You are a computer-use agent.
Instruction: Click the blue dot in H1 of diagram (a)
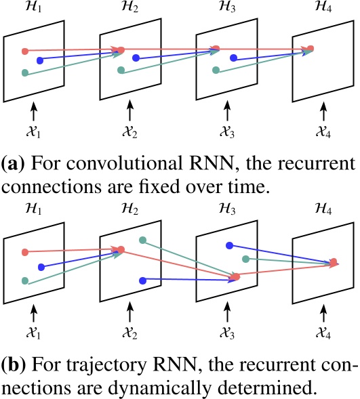[40, 61]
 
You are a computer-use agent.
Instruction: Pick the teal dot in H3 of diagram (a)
[216, 70]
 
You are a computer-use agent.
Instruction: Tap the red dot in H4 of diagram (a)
[311, 48]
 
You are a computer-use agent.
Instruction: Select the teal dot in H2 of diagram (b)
[142, 240]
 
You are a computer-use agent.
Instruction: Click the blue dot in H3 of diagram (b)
[230, 245]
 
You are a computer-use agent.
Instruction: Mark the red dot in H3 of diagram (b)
[237, 277]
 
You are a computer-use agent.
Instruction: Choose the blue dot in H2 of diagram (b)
[142, 279]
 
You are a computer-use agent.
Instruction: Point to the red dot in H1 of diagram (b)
[25, 252]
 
